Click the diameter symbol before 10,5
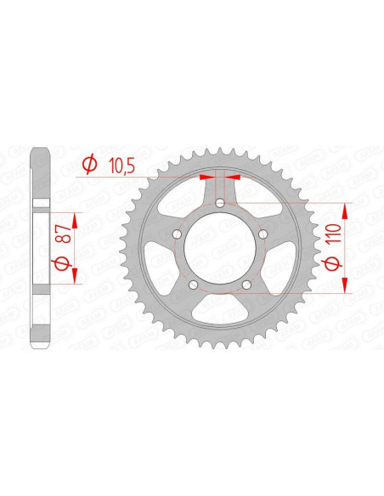tap(88, 164)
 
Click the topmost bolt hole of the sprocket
tap(219, 201)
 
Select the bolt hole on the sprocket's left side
tap(175, 234)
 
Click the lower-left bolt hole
tap(192, 285)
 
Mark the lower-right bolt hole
tap(246, 285)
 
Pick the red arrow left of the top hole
tap(206, 178)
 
